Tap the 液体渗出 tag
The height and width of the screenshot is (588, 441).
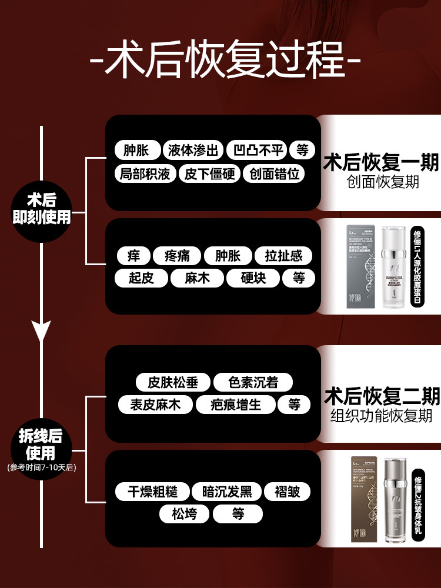click(192, 150)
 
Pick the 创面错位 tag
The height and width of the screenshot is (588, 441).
click(274, 174)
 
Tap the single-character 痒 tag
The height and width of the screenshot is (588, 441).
click(133, 256)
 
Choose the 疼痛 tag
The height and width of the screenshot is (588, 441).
click(176, 256)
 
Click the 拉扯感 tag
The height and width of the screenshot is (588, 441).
click(283, 256)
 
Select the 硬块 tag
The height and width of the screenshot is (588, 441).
click(253, 278)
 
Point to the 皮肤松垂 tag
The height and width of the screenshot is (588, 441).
click(173, 383)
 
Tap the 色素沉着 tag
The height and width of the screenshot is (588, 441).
click(253, 383)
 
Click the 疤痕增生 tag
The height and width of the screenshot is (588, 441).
click(235, 405)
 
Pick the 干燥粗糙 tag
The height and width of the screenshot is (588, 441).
click(152, 492)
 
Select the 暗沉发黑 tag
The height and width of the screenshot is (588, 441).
click(227, 492)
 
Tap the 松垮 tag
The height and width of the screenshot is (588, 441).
click(184, 514)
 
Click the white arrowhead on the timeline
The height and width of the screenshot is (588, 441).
click(41, 331)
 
